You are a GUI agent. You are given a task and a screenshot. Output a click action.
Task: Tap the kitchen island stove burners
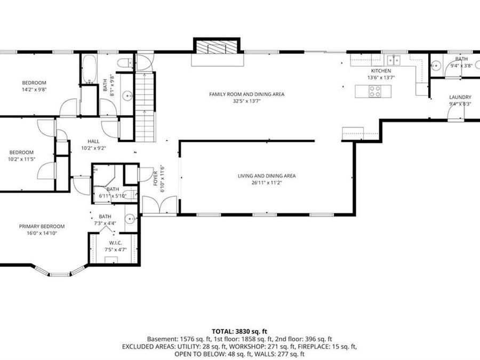click(375, 91)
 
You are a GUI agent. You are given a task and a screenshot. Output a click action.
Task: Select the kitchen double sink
click(394, 60)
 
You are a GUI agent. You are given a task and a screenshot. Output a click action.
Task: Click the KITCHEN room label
click(381, 71)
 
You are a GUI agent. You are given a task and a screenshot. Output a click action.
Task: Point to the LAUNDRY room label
click(460, 97)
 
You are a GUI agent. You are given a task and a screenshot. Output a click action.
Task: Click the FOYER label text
click(156, 179)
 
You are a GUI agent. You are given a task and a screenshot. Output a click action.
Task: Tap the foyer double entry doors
click(159, 204)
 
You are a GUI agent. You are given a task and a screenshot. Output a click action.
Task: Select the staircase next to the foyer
click(145, 107)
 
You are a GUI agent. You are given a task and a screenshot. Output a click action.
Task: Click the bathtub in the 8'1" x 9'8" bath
click(90, 69)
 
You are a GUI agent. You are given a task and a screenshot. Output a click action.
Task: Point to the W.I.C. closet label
click(115, 243)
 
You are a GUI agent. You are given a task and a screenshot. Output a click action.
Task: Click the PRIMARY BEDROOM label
click(42, 227)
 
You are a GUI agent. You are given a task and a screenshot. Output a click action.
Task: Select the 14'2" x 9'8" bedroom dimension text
click(34, 90)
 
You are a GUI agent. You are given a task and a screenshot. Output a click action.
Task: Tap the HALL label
click(93, 141)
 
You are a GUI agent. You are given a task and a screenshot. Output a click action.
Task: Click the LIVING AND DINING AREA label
click(267, 176)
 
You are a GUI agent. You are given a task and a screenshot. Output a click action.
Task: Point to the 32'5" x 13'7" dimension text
click(246, 101)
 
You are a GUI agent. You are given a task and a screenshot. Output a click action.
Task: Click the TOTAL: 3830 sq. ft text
click(239, 332)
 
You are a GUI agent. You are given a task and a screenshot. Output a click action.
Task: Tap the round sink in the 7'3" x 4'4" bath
click(131, 219)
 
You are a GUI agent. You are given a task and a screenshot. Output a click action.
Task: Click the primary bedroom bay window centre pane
click(60, 275)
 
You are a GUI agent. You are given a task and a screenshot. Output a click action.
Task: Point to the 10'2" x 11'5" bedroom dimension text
click(22, 159)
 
